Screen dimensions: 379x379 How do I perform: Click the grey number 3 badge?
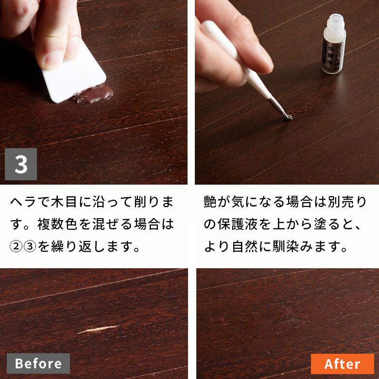21,164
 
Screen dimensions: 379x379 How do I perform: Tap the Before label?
38,363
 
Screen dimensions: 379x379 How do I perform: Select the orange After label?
342,363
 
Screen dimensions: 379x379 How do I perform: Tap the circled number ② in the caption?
16,247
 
